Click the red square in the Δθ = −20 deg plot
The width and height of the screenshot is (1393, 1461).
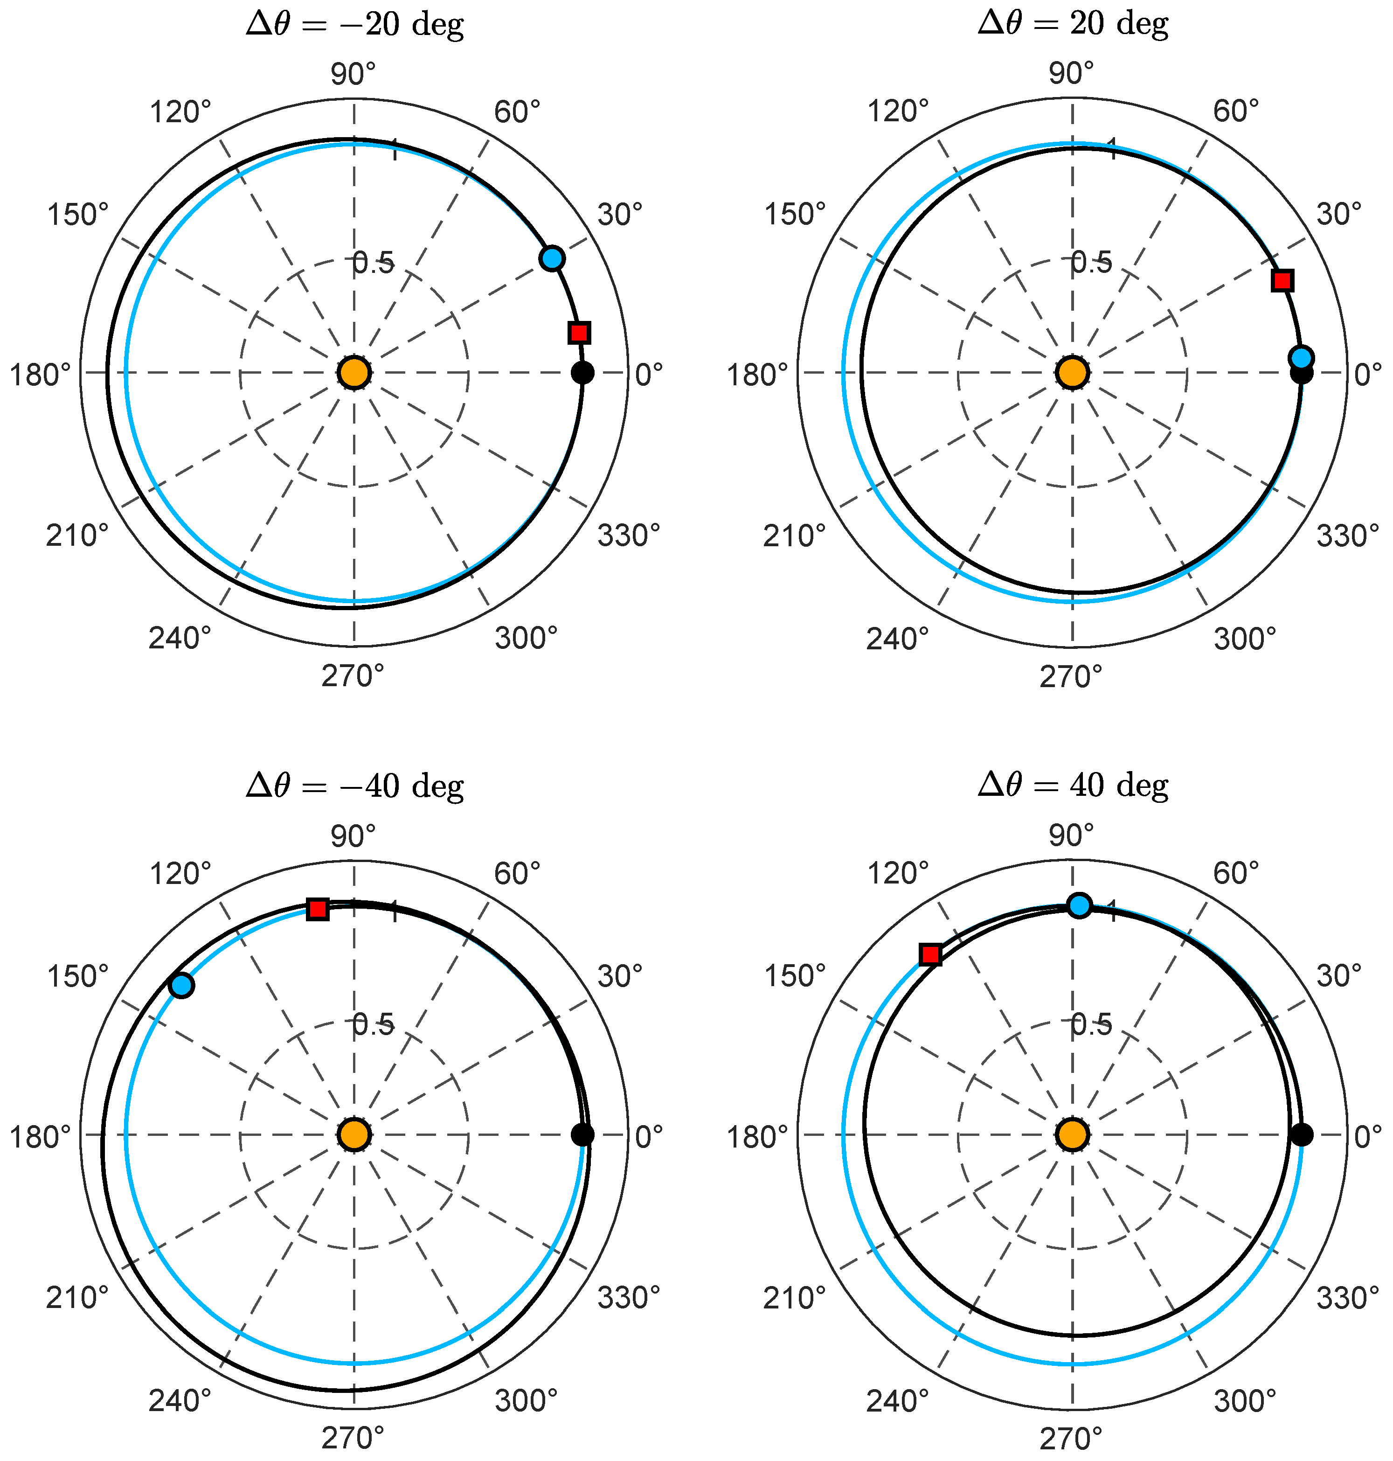(579, 332)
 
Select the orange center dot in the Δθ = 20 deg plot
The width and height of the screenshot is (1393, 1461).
(1072, 372)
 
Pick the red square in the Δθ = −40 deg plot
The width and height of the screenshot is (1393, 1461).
(318, 908)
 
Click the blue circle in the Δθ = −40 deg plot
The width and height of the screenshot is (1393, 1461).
(181, 985)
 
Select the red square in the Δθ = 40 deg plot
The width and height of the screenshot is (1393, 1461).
(930, 954)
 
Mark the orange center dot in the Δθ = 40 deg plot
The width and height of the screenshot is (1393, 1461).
(1072, 1134)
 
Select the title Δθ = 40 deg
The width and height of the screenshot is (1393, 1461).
(1073, 785)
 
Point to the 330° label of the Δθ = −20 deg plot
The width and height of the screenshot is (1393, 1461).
(628, 535)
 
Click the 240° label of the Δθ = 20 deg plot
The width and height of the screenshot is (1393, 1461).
(897, 639)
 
